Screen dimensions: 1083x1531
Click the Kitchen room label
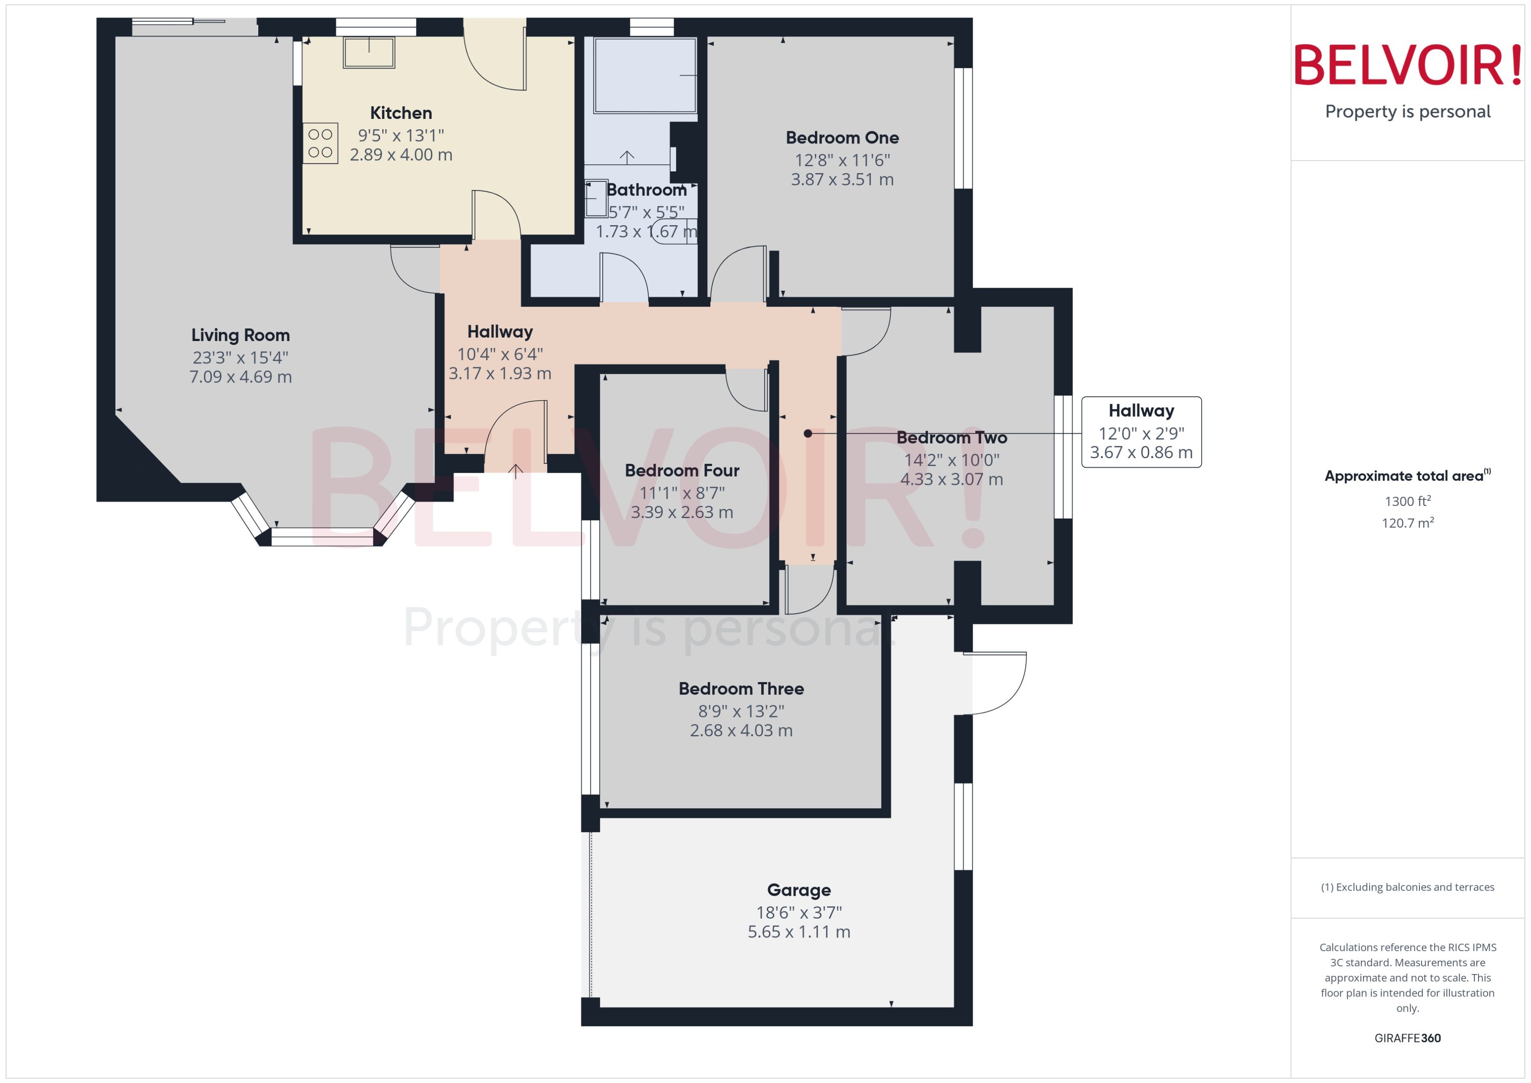click(401, 113)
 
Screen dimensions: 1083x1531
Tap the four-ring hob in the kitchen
click(320, 143)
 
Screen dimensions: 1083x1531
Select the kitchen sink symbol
click(369, 52)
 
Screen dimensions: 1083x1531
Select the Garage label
click(798, 890)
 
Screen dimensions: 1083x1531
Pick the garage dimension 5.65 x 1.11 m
click(798, 932)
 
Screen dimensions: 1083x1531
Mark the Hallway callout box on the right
click(1141, 432)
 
